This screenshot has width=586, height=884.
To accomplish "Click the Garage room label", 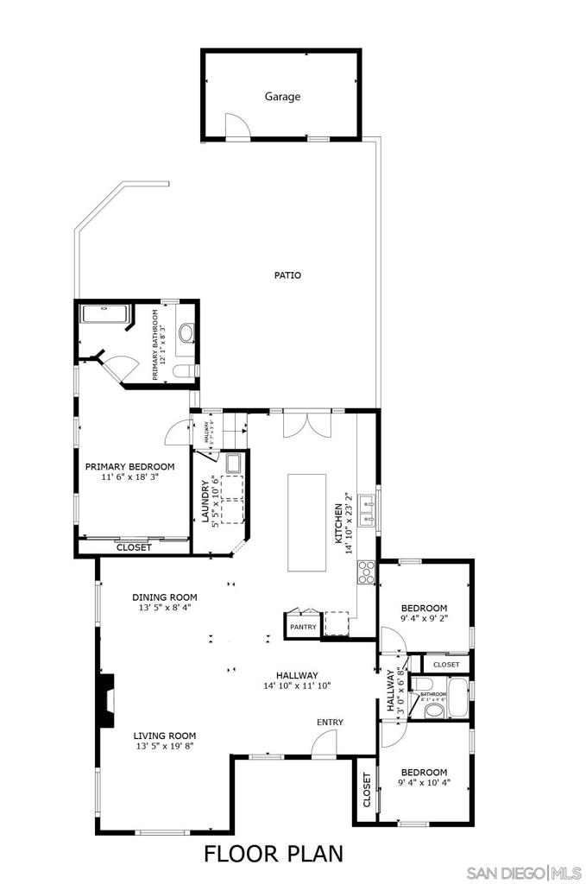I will (282, 97).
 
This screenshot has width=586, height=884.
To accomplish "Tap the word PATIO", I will (287, 275).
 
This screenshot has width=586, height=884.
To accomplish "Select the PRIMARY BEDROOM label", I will (129, 467).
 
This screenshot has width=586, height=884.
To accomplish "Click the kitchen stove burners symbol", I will (366, 572).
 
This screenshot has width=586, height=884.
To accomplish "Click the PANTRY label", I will (303, 627).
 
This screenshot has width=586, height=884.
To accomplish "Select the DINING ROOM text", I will (164, 597).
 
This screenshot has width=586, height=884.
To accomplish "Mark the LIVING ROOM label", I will (164, 736).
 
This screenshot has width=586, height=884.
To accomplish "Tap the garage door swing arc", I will (236, 125).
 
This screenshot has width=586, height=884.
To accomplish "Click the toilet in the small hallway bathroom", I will (434, 710).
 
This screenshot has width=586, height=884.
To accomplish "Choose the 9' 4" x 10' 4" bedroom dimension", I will (424, 785).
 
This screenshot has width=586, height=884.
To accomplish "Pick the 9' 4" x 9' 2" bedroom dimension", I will (424, 618).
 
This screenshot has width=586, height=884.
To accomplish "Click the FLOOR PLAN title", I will (273, 854).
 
